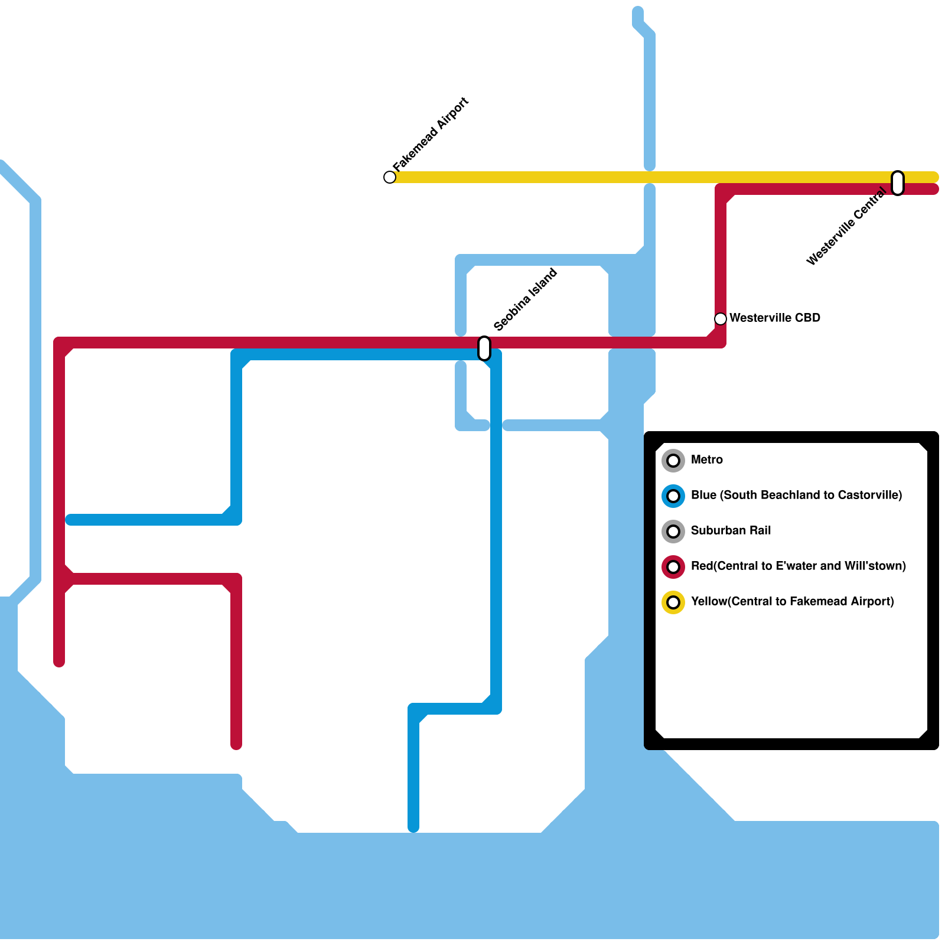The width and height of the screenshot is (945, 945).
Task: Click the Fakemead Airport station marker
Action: click(390, 177)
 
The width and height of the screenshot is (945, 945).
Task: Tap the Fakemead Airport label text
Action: click(431, 135)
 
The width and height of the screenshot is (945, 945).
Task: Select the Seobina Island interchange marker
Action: click(484, 348)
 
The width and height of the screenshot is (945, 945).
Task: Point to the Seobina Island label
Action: click(525, 300)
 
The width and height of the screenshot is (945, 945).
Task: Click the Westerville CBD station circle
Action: click(721, 319)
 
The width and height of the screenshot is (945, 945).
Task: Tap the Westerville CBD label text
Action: click(774, 318)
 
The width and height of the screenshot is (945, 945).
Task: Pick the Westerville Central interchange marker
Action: click(898, 183)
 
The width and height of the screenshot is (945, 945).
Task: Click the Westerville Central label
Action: click(846, 227)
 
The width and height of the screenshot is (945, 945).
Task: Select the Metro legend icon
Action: click(673, 461)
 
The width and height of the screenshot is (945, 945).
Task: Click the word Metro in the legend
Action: click(706, 460)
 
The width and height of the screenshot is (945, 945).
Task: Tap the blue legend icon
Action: click(673, 496)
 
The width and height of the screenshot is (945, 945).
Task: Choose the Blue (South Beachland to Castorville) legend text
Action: click(796, 495)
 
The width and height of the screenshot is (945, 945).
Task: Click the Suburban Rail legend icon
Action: click(673, 532)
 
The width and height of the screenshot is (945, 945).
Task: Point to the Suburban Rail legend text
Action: click(731, 530)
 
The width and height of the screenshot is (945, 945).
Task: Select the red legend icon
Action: click(673, 567)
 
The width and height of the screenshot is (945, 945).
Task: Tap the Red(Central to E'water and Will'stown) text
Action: click(798, 566)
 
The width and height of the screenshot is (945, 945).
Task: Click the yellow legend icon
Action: click(673, 602)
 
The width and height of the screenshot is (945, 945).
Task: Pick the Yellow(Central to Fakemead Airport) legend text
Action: click(792, 601)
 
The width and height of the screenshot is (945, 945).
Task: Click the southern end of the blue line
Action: click(413, 827)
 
